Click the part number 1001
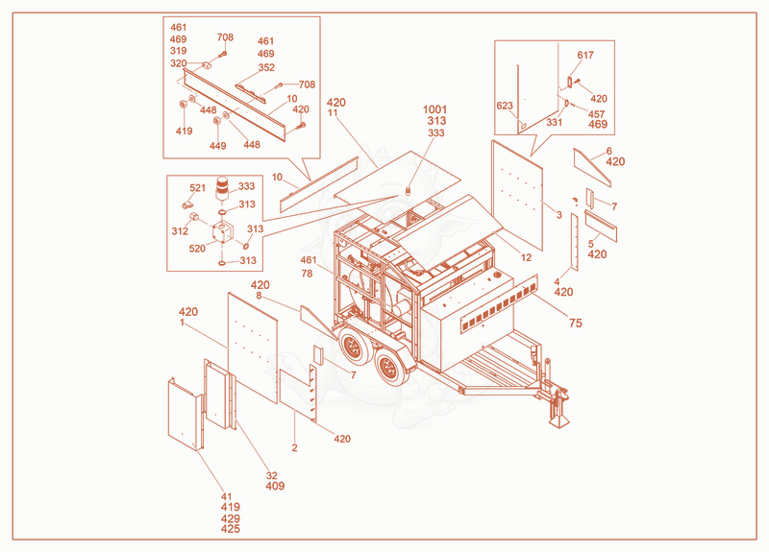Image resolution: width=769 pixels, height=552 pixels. coord(434,109)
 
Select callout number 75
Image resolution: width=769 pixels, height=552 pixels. coord(575,323)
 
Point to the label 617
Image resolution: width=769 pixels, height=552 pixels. coord(585,56)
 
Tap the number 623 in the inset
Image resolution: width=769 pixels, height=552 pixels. coord(505,106)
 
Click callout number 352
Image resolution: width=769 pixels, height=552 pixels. coord(266,67)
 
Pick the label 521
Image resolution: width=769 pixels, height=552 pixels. coord(198,188)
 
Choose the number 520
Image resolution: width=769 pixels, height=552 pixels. coord(197,249)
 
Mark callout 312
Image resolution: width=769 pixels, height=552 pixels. coord(180,231)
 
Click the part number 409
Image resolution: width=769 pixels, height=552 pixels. coord(275,486)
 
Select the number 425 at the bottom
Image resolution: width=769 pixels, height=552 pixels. coord(231,529)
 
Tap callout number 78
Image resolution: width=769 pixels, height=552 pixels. coord(307,274)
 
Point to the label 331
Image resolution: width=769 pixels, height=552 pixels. coord(555,123)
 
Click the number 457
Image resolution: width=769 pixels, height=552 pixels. coord(596,114)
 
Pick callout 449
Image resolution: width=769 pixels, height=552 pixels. coord(218,146)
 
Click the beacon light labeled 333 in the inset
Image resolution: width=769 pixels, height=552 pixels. coord(223,188)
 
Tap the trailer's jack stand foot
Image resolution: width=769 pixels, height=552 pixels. coord(558,420)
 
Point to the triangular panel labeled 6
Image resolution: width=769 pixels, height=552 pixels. coord(592,168)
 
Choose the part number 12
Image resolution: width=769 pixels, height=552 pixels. coord(526,257)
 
